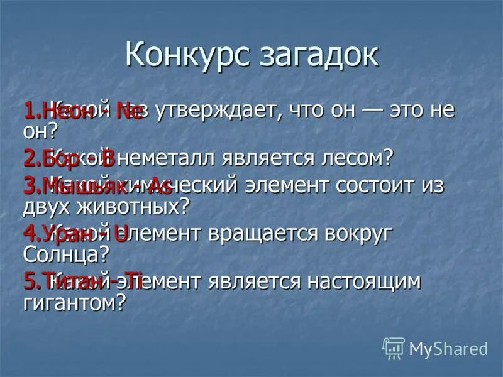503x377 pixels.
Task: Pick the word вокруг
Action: click(358, 234)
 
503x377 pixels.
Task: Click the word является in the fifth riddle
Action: click(256, 282)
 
